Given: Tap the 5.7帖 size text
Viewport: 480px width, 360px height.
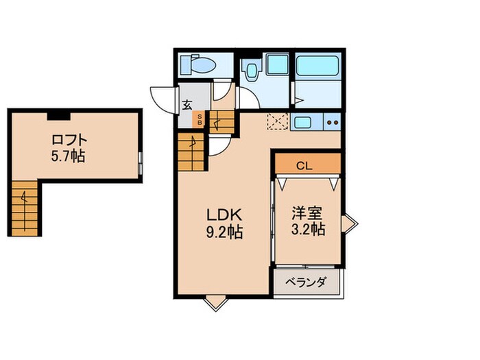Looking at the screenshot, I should pyautogui.click(x=69, y=156).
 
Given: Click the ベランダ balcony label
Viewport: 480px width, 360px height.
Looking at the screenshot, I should pyautogui.click(x=305, y=282).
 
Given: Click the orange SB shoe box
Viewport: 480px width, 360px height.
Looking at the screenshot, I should pyautogui.click(x=200, y=119).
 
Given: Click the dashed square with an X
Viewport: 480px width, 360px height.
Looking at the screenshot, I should pyautogui.click(x=278, y=121).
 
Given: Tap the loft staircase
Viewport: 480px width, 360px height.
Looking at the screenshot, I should pyautogui.click(x=24, y=207).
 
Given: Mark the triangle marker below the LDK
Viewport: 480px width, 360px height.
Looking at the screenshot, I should pyautogui.click(x=215, y=301).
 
